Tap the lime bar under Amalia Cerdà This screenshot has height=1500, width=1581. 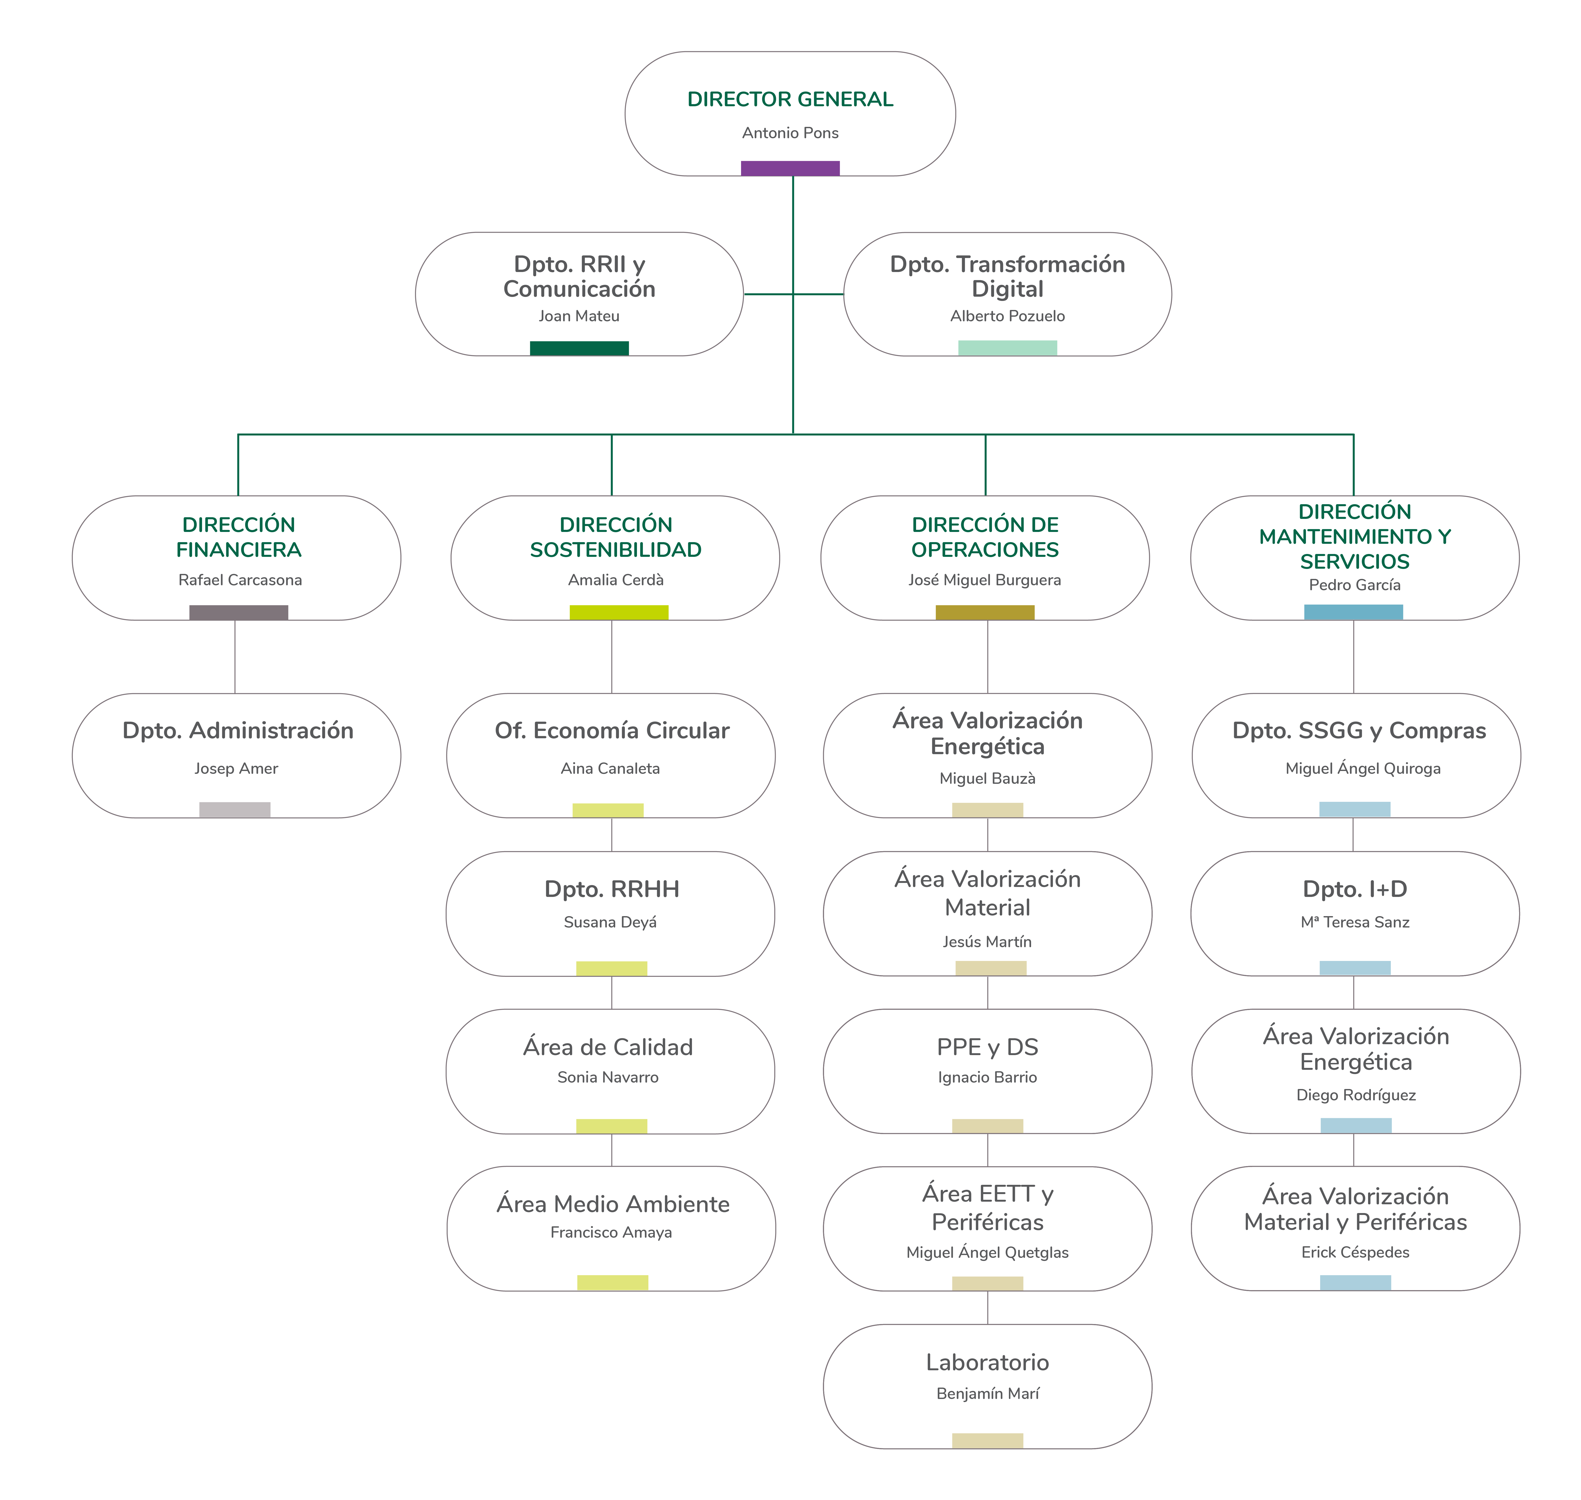(x=618, y=613)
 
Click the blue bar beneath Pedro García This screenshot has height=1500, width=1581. (x=1353, y=613)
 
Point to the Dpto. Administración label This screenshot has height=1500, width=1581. (x=238, y=730)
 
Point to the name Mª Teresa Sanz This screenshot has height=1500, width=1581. (x=1355, y=922)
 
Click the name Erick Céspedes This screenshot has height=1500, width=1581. (x=1355, y=1252)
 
